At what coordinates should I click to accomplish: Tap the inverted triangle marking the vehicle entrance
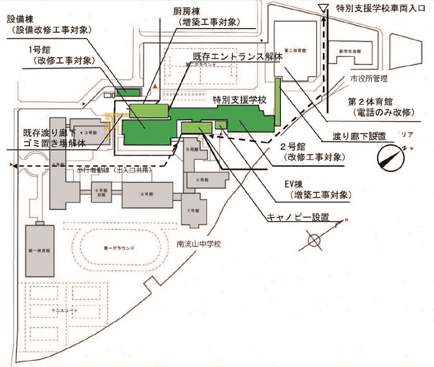coord(321,8)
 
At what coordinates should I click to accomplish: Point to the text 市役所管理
coord(368,78)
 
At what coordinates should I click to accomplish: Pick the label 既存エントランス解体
coord(237,55)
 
